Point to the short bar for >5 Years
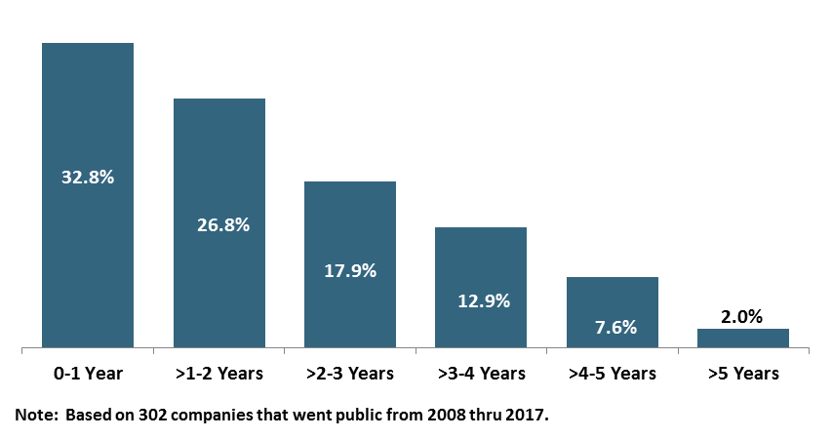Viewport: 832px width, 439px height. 743,338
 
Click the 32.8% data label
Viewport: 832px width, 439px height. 88,178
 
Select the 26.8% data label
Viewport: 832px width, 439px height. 218,224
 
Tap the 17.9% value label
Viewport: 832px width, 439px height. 350,270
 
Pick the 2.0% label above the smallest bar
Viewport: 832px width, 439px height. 743,316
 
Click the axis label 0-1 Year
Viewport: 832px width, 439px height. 88,374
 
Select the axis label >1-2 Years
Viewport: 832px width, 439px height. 219,374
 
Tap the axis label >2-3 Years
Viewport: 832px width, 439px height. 350,374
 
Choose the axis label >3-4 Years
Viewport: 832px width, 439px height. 482,374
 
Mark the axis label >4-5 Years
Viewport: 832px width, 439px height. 613,374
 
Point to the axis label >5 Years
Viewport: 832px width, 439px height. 743,374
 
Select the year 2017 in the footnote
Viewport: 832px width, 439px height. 528,416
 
